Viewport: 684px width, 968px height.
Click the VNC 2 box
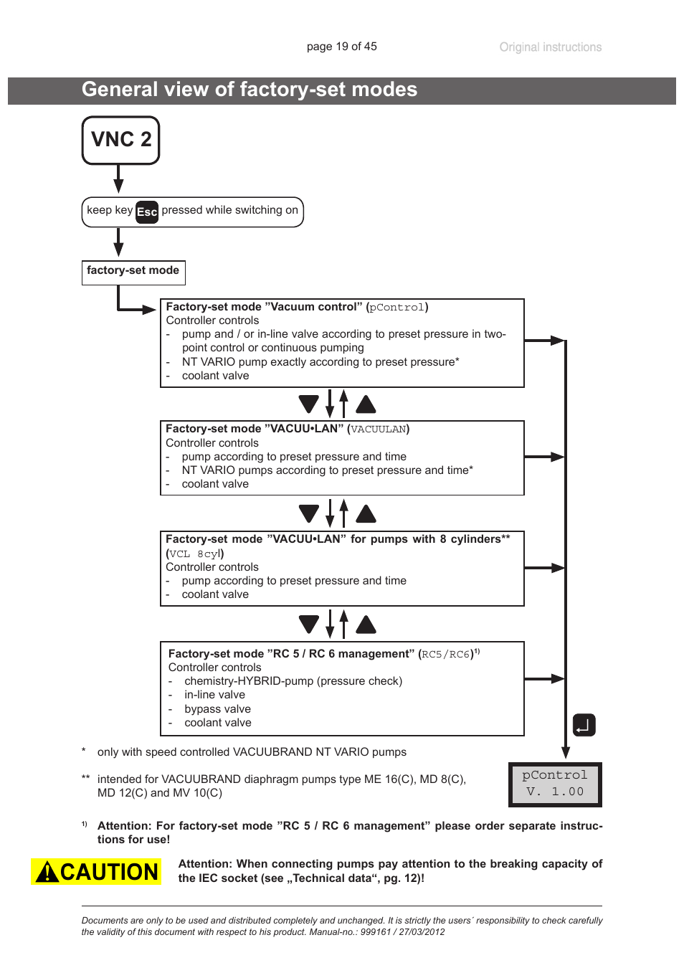120,140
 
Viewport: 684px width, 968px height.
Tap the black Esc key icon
147,212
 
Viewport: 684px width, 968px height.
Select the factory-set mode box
133,272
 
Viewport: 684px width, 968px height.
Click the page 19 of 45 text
341,47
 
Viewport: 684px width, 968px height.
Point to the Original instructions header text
550,47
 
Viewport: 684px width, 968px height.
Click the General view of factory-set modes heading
250,90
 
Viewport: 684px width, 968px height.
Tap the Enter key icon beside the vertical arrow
584,725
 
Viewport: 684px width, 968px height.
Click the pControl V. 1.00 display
555,784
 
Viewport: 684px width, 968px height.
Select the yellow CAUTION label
96,871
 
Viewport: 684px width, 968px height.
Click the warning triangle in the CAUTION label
47,872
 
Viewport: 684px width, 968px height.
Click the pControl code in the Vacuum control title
396,308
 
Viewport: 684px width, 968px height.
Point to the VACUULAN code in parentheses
378,430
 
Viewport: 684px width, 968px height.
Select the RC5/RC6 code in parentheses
445,654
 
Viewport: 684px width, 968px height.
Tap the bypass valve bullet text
217,708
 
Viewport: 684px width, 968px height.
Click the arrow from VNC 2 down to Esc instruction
119,179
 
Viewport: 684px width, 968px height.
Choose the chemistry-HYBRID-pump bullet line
293,680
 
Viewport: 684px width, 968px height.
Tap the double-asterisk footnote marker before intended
85,779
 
